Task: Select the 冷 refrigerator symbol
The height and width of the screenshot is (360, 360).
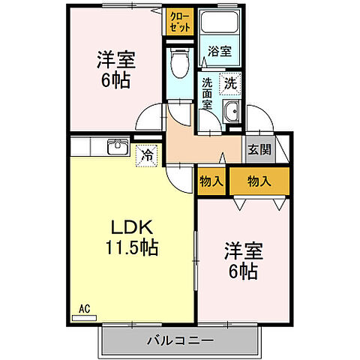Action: (147, 155)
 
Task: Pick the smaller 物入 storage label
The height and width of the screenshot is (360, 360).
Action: (211, 180)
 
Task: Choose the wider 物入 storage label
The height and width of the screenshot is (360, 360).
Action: (259, 180)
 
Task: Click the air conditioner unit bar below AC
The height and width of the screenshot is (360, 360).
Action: (84, 317)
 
